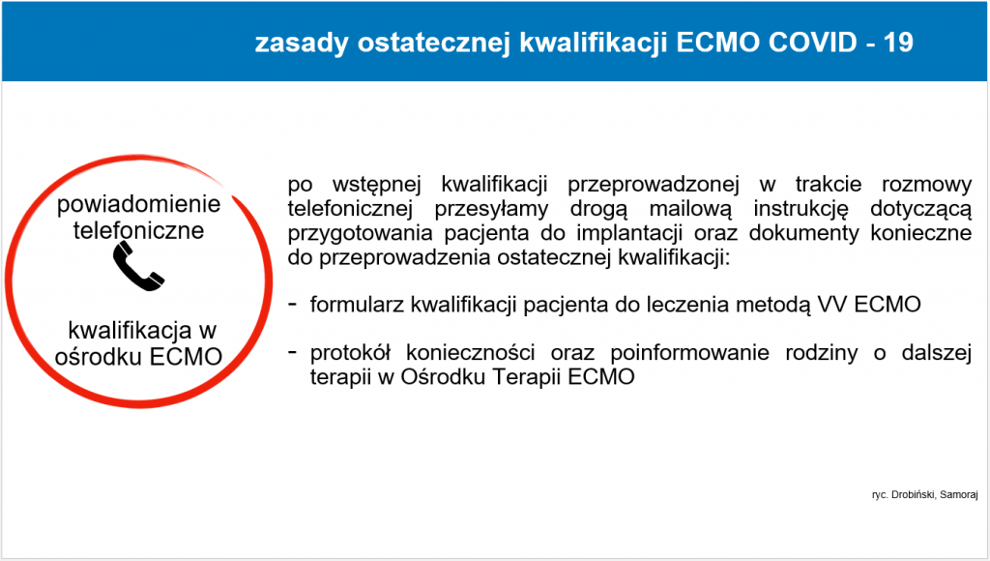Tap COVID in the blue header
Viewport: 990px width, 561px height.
click(x=812, y=43)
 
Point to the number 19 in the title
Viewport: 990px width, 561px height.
click(x=898, y=43)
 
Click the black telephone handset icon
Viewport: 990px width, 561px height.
click(x=138, y=267)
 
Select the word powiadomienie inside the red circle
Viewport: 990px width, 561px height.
click(x=138, y=204)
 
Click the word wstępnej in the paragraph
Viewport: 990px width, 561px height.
click(x=376, y=185)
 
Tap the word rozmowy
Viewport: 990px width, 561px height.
click(x=926, y=185)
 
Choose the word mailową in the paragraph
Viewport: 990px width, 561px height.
click(x=690, y=209)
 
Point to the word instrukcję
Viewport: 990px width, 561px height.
click(x=801, y=209)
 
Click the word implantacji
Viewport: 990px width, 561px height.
click(x=629, y=233)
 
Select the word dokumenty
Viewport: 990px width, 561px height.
click(x=803, y=233)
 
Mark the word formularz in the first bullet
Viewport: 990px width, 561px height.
click(x=358, y=305)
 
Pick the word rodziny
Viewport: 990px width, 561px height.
click(x=822, y=352)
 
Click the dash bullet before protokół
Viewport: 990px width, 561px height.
click(x=292, y=351)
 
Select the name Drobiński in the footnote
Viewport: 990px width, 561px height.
click(x=914, y=494)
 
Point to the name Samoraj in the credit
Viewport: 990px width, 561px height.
click(x=959, y=494)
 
